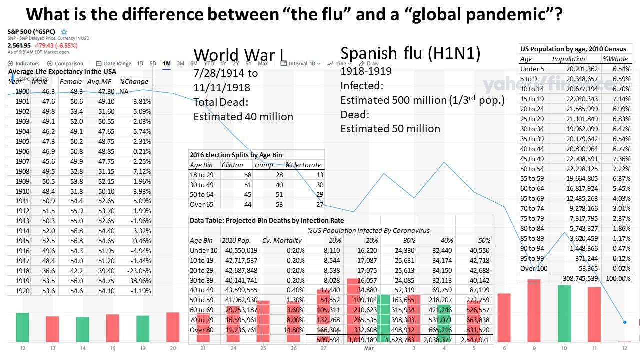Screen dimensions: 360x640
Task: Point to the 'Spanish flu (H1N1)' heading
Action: pyautogui.click(x=410, y=53)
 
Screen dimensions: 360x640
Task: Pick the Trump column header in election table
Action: pyautogui.click(x=263, y=165)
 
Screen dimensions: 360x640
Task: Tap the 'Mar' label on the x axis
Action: pyautogui.click(x=369, y=348)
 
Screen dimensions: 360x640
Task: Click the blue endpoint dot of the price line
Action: pyautogui.click(x=624, y=322)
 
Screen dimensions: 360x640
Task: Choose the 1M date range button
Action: pyautogui.click(x=167, y=64)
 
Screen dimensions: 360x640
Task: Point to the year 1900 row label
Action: pyautogui.click(x=22, y=91)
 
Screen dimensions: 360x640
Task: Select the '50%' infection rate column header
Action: pyautogui.click(x=484, y=240)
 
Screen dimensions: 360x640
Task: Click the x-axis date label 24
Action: pyautogui.click(x=233, y=348)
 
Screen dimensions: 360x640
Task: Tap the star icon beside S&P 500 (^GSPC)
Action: pyautogui.click(x=64, y=32)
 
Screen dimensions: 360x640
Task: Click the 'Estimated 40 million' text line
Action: pyautogui.click(x=243, y=116)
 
